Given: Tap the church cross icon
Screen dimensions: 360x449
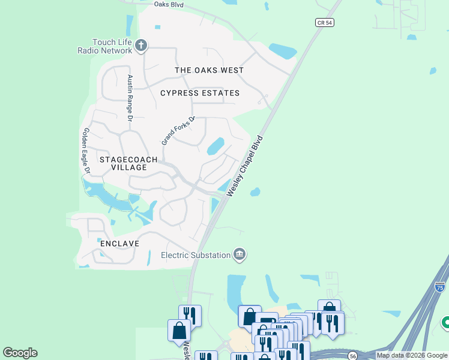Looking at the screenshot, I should [x=141, y=46].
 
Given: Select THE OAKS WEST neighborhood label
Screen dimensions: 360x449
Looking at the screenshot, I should [x=209, y=70].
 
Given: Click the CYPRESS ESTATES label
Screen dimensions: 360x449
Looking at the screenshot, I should [x=200, y=93].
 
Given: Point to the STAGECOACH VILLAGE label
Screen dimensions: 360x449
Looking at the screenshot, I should [x=128, y=163].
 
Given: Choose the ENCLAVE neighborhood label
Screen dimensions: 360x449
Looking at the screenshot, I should [x=120, y=244].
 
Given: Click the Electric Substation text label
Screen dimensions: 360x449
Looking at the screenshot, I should [x=196, y=255].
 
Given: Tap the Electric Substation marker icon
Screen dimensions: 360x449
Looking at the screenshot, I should [x=240, y=255].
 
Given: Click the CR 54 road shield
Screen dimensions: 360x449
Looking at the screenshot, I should [x=324, y=22].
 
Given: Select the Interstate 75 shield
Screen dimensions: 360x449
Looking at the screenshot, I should [x=440, y=287].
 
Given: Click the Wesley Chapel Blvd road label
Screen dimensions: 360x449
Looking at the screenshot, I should [x=246, y=166].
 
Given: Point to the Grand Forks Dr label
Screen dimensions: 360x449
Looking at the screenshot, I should [x=179, y=130].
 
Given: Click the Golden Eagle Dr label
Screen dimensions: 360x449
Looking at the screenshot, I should [x=86, y=151].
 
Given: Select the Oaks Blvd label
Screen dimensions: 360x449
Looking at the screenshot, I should [x=169, y=4].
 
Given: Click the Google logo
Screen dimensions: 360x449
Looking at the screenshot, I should [x=20, y=352].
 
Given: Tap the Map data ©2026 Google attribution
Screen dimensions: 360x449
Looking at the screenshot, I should [x=412, y=355].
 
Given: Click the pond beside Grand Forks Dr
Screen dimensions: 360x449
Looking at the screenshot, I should [x=215, y=146].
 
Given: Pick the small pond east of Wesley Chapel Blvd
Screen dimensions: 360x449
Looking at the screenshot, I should [x=255, y=192].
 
